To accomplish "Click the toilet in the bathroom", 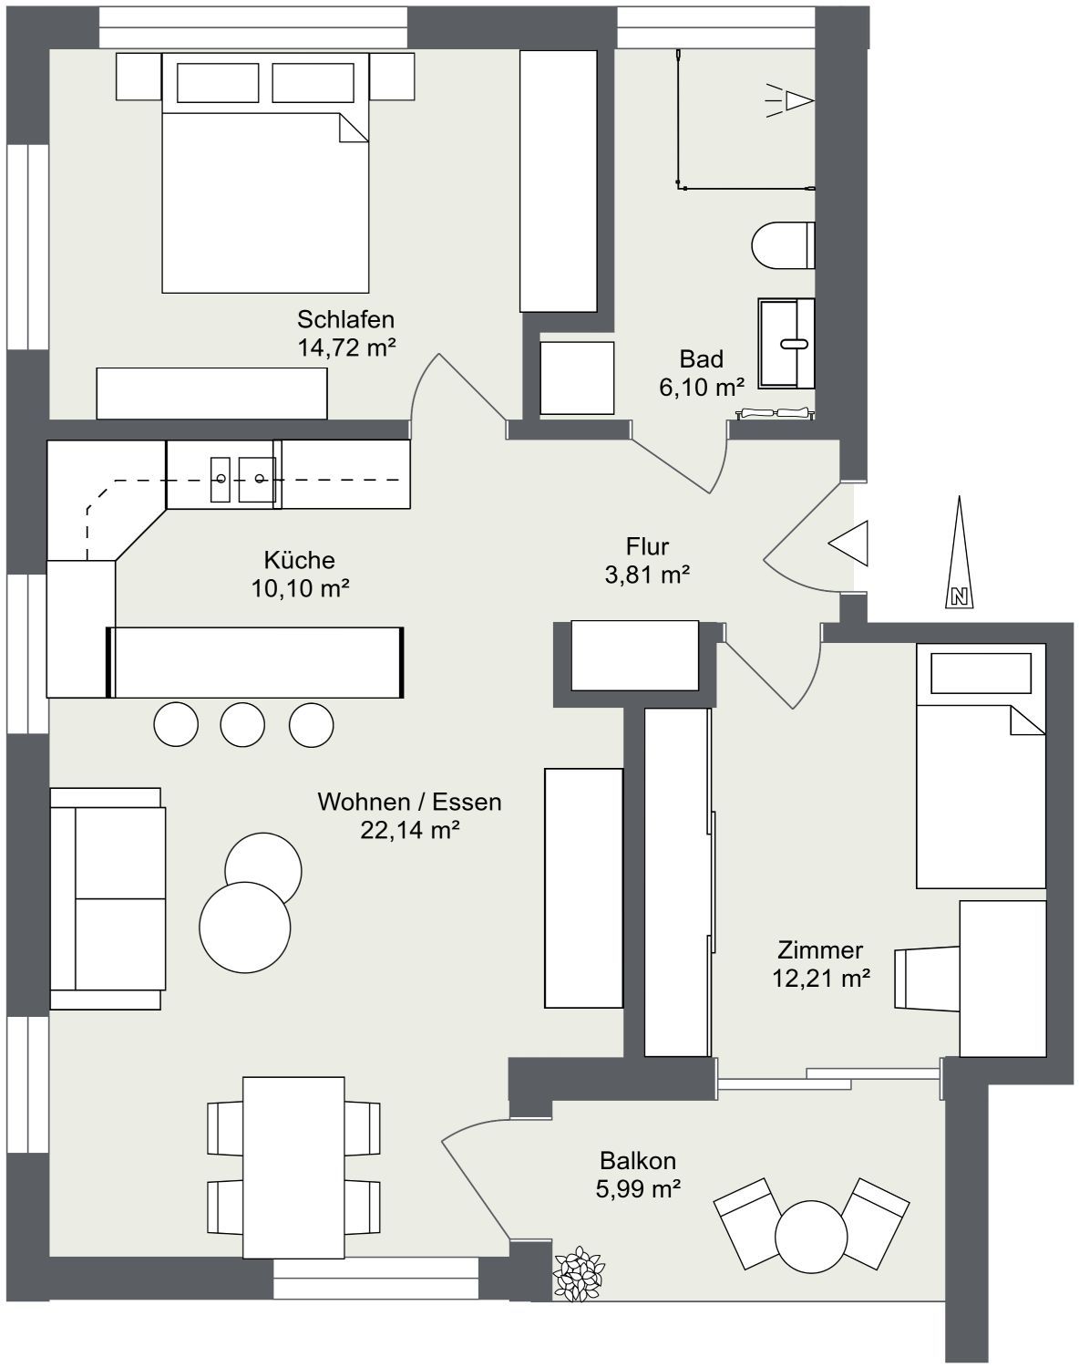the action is pos(783,245).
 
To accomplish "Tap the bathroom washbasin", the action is pos(786,343).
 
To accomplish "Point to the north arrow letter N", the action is pos(960,597).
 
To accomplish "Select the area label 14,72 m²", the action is pos(347,347).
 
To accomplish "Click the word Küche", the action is pos(299,560).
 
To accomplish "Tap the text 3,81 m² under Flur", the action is pos(648,575).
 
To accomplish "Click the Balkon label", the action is pos(637,1161).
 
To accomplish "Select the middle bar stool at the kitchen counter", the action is pos(242,724).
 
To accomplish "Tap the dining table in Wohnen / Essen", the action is pos(293,1167).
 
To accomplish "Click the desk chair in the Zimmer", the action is pos(927,978).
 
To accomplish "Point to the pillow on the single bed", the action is pos(981,673).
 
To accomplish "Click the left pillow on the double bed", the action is pos(218,83).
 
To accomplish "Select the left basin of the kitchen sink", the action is pos(220,480).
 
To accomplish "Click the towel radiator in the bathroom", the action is pos(775,412).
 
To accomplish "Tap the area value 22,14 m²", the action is pos(410,829).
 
